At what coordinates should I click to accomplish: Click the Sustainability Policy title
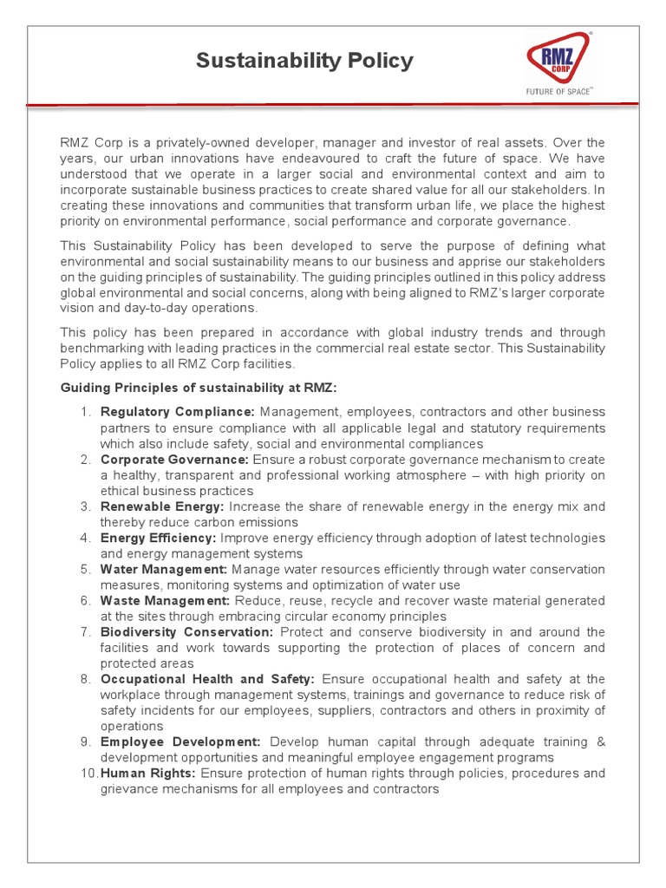[304, 61]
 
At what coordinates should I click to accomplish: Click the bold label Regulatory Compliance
[178, 412]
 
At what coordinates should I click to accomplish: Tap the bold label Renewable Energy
[163, 506]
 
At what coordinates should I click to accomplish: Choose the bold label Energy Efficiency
[159, 538]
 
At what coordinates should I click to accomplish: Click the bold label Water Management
[164, 569]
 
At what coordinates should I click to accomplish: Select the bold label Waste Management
[165, 600]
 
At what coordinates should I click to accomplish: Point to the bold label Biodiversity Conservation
[186, 632]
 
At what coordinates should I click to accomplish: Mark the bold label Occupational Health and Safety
[207, 679]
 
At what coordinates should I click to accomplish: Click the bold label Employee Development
[180, 741]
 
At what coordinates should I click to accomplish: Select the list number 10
[87, 773]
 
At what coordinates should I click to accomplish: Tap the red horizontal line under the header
[333, 105]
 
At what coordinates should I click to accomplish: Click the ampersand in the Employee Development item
[601, 741]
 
